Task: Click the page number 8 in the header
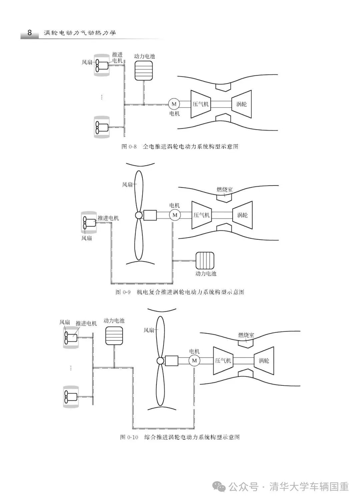pyautogui.click(x=29, y=33)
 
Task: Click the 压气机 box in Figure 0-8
pyautogui.click(x=200, y=104)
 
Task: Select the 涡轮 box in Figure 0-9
pyautogui.click(x=242, y=215)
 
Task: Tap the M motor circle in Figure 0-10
pyautogui.click(x=194, y=361)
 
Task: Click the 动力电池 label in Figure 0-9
pyautogui.click(x=206, y=273)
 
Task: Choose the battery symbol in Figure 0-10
pyautogui.click(x=114, y=336)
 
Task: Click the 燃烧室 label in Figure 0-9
pyautogui.click(x=225, y=190)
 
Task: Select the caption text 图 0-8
pyautogui.click(x=129, y=147)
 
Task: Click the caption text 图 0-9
pyautogui.click(x=122, y=292)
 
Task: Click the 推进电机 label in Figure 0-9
pyautogui.click(x=108, y=218)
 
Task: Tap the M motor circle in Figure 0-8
pyautogui.click(x=174, y=104)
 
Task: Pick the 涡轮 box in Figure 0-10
pyautogui.click(x=264, y=361)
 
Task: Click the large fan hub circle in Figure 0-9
pyautogui.click(x=138, y=216)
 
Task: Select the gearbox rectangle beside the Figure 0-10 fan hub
pyautogui.click(x=172, y=361)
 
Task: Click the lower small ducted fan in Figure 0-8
pyautogui.click(x=102, y=127)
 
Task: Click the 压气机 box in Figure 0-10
pyautogui.click(x=223, y=361)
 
